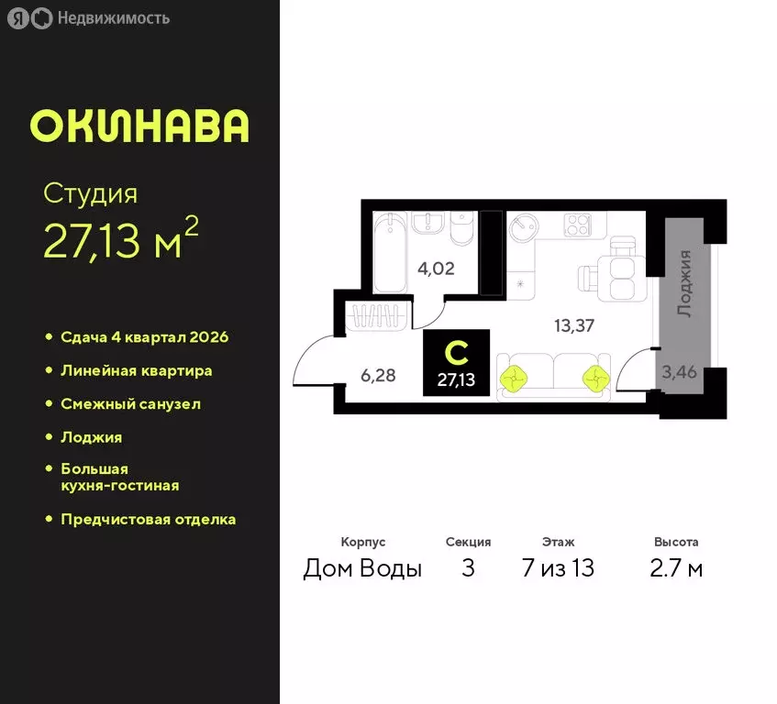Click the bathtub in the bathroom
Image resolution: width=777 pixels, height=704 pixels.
[391, 251]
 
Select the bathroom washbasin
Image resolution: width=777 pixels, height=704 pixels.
[427, 225]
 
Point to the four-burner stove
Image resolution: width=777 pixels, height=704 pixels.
[577, 225]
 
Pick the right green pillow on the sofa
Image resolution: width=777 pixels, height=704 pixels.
[594, 375]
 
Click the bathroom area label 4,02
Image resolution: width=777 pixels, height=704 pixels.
[437, 269]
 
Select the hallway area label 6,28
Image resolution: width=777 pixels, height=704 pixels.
[377, 374]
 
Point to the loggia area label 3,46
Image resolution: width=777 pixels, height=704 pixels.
[679, 372]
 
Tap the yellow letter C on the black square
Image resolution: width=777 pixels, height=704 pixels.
[456, 351]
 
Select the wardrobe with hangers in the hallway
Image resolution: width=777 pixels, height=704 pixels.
[380, 316]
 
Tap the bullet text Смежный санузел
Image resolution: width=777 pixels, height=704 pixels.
[130, 404]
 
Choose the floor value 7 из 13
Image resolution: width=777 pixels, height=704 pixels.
[558, 568]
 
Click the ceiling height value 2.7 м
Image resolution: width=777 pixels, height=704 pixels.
[676, 568]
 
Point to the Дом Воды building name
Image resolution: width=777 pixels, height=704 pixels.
[362, 568]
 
